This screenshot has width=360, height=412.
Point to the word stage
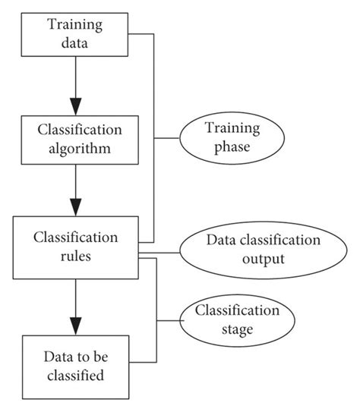pos(235,330)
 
